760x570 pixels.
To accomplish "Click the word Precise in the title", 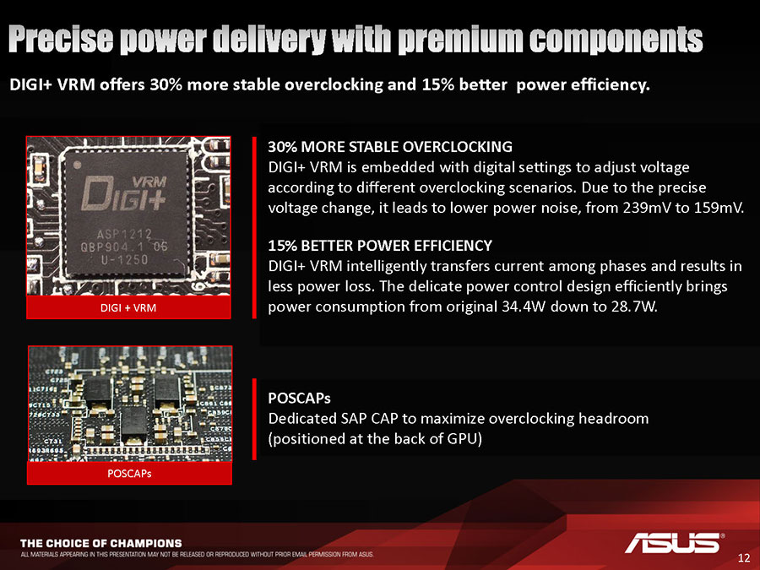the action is (x=61, y=39).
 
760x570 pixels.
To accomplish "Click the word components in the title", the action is (x=616, y=40).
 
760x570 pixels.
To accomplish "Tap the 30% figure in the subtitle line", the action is (x=166, y=84).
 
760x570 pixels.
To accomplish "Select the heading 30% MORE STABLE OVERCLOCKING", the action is (x=390, y=146).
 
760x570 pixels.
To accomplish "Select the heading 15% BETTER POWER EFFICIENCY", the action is (x=380, y=245).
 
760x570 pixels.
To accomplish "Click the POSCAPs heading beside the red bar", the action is (x=299, y=398).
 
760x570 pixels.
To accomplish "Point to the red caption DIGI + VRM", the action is (x=128, y=307).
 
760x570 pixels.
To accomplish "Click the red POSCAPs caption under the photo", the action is (x=129, y=474).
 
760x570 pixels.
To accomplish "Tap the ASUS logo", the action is (x=674, y=543).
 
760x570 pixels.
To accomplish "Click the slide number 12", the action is (x=743, y=557).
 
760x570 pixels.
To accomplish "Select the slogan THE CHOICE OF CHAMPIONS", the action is (x=100, y=543).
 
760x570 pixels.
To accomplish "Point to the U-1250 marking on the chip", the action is (x=124, y=260).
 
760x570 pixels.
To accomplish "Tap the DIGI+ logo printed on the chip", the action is (x=124, y=194).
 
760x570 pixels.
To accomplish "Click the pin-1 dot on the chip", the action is (x=77, y=165).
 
